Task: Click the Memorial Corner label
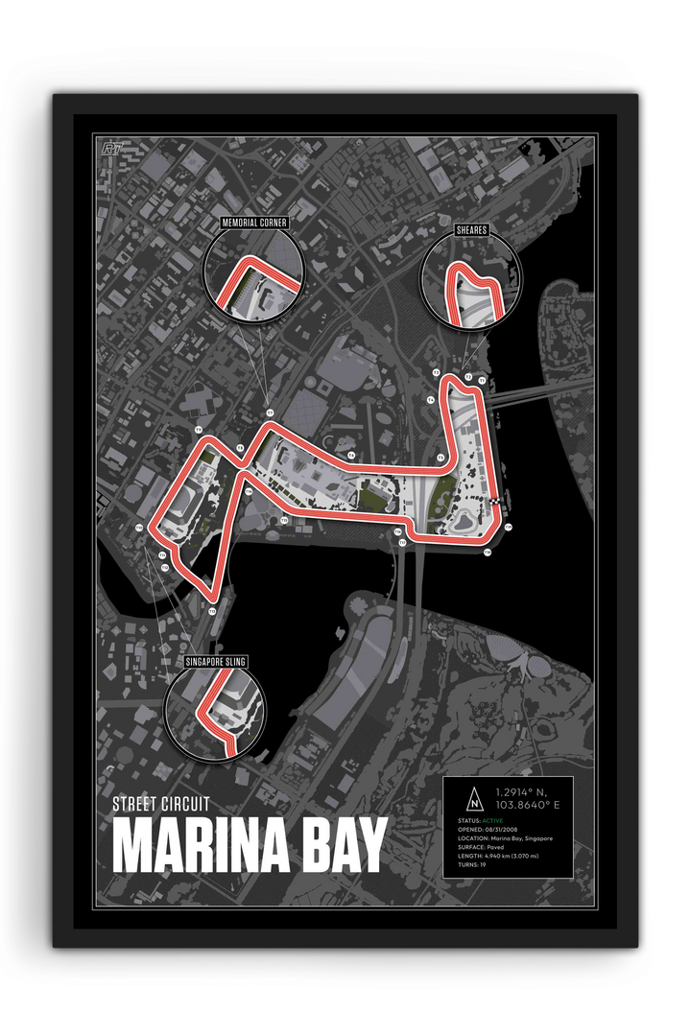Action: coord(254,223)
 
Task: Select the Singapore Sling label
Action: coord(216,662)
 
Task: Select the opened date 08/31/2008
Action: coord(501,831)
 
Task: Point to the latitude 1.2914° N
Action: coord(521,792)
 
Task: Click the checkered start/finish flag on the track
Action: coord(495,502)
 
